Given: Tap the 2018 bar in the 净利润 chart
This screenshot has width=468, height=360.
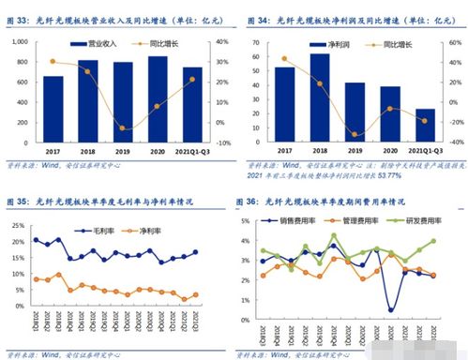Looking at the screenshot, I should point(319,93).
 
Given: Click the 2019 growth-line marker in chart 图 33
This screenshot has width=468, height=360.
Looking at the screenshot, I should point(123,127).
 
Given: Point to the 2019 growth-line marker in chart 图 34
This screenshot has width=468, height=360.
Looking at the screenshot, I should point(355,133).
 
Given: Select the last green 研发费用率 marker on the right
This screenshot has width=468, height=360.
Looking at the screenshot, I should point(433,241).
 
